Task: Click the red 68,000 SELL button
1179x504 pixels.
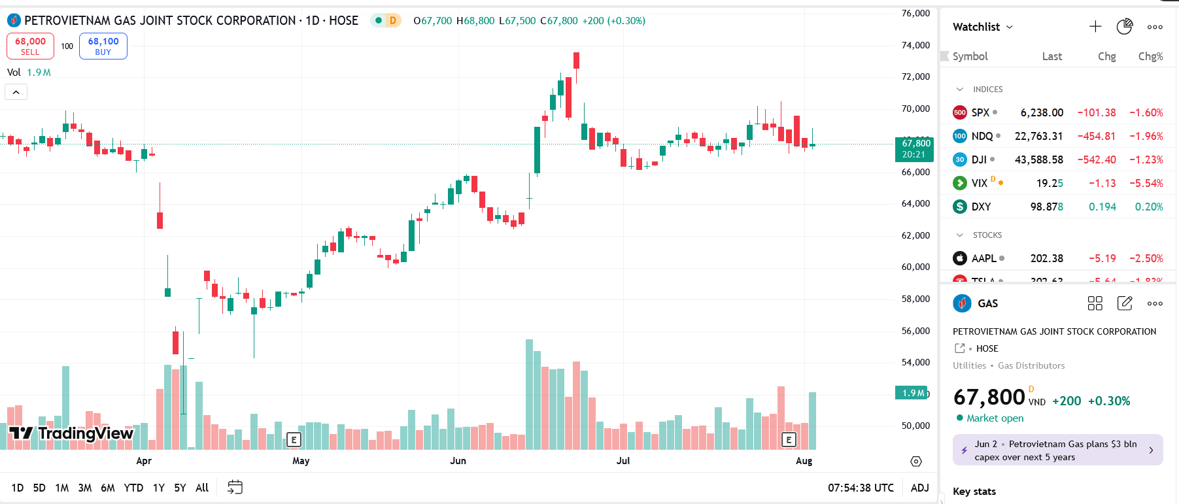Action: (x=30, y=46)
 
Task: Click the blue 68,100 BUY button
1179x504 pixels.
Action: (x=103, y=46)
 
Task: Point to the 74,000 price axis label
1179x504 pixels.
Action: (x=915, y=45)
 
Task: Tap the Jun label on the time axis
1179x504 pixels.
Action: (x=458, y=461)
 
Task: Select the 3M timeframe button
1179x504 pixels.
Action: (x=85, y=488)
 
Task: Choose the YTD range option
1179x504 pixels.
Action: (x=133, y=488)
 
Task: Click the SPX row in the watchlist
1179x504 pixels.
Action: (x=980, y=112)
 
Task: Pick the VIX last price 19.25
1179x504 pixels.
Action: (x=1050, y=183)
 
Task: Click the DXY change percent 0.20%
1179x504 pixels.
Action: (x=1149, y=207)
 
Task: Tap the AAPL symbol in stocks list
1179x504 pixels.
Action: (x=983, y=258)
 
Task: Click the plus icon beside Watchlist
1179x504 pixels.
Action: (x=1095, y=27)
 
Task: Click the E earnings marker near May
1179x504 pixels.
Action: (x=294, y=440)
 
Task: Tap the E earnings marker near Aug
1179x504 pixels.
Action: (x=789, y=440)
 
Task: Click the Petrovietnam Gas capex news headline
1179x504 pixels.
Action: (x=1055, y=450)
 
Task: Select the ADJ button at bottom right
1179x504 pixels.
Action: (x=919, y=488)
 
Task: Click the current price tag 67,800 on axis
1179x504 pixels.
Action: (x=914, y=148)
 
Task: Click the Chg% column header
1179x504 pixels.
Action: (x=1150, y=56)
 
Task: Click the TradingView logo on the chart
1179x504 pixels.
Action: (x=71, y=433)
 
